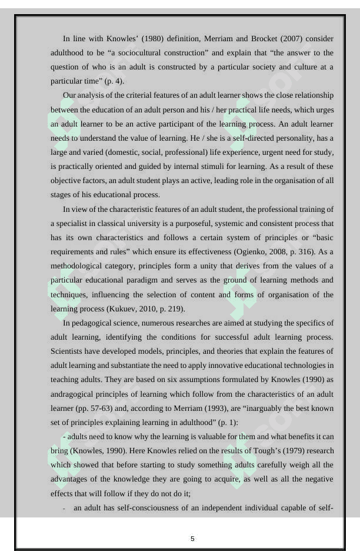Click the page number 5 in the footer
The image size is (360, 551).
point(192,539)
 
